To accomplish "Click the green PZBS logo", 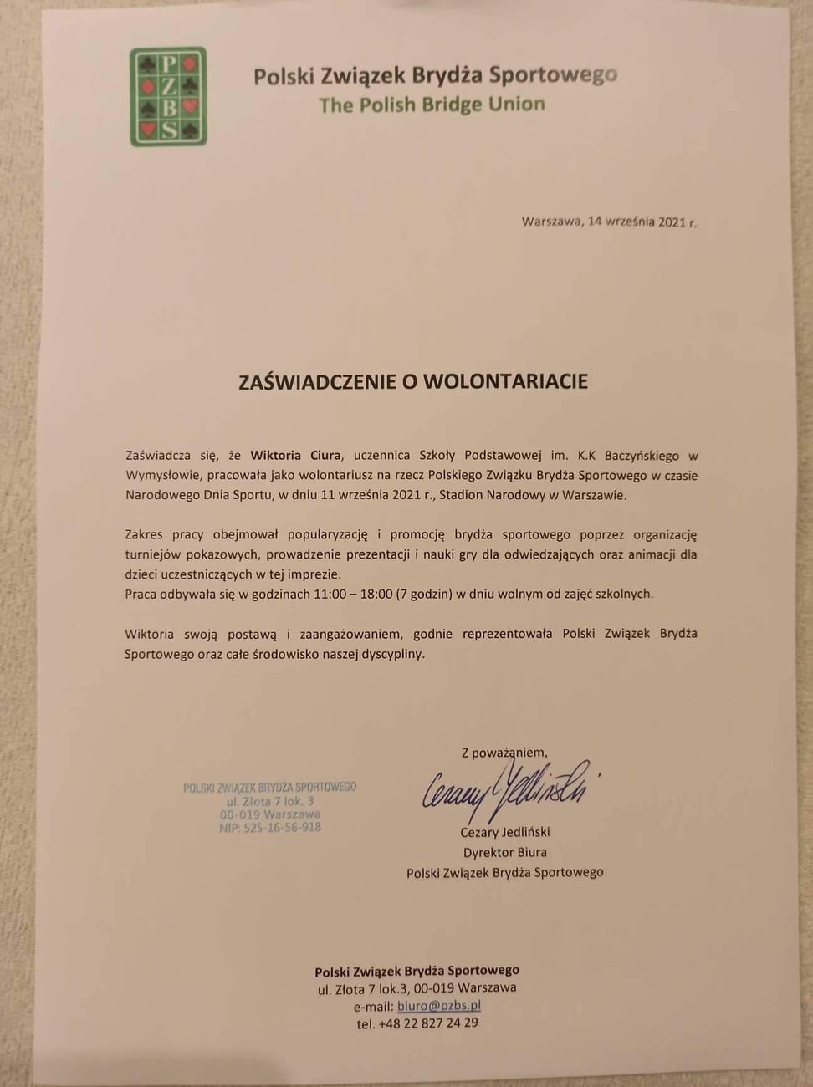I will coord(168,97).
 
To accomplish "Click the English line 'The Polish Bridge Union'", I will coord(432,105).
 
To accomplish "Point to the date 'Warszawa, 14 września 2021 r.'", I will coord(609,222).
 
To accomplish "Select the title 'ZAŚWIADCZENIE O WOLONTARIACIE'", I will coord(413,382).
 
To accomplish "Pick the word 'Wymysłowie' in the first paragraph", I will coord(159,476).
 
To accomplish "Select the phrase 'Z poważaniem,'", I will coord(504,752).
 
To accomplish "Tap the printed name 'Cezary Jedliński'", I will coord(504,832).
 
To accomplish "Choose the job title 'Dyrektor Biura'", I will coord(504,852).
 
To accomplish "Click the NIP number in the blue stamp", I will coord(270,827).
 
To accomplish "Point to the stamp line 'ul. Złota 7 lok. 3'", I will coord(270,801).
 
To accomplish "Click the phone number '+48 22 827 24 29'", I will coord(428,1023).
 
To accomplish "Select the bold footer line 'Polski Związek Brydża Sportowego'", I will coord(417,971).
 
